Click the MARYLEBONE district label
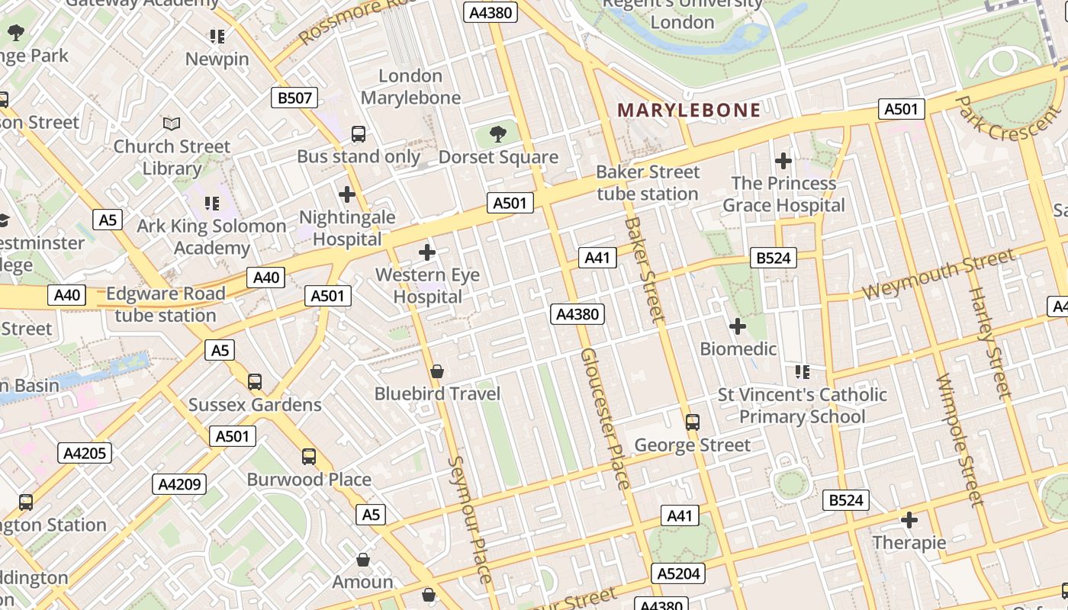(x=689, y=111)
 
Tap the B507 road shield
(x=294, y=98)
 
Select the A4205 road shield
(x=85, y=453)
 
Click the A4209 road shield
(x=179, y=483)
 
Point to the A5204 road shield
(x=678, y=573)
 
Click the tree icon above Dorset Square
(x=498, y=135)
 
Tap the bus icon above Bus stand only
(x=359, y=134)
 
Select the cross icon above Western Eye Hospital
(x=427, y=252)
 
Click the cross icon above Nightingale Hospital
(x=347, y=194)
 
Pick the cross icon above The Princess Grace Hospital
(x=783, y=161)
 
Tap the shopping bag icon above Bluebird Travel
(x=437, y=371)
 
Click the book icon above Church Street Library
(x=172, y=124)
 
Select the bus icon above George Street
(x=693, y=422)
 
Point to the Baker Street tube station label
(x=648, y=183)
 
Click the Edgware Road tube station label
(x=166, y=304)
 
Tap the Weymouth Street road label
(x=938, y=275)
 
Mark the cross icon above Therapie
(x=909, y=520)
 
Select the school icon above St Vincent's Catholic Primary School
(x=802, y=371)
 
